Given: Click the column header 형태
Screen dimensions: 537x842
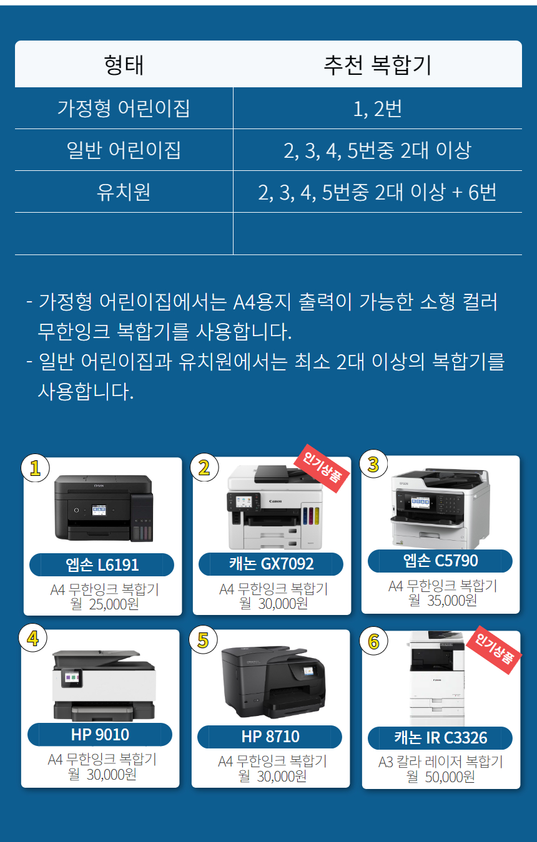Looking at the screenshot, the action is (124, 65).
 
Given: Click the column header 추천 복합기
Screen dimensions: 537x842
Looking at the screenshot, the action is (377, 65).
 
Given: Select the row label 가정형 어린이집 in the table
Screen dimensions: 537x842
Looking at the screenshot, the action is (124, 109).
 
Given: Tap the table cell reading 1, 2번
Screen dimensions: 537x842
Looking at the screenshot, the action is (377, 109).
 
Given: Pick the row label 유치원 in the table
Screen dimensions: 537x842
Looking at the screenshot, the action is (124, 191).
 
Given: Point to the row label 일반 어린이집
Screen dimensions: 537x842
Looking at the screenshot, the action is (124, 150).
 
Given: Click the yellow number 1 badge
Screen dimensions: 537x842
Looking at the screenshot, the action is (35, 468).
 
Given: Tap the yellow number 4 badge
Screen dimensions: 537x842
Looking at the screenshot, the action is (33, 638).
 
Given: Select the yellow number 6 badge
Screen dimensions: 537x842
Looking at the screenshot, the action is (373, 641).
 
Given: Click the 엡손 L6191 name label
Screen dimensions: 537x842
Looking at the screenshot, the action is (102, 564).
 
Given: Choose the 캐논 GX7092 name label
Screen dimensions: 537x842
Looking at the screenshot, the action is (271, 564).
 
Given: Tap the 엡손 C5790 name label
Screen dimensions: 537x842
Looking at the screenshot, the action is (440, 561).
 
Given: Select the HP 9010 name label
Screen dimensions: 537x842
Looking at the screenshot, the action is (100, 735).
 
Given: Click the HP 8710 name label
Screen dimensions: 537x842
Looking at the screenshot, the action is (270, 737).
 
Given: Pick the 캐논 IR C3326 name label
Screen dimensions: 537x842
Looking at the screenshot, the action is (440, 738).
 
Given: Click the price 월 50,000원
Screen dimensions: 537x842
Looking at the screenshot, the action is (441, 777).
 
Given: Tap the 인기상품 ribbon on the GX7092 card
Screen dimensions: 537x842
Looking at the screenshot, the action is (322, 468).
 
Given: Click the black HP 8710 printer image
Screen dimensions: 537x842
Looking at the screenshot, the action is (273, 681).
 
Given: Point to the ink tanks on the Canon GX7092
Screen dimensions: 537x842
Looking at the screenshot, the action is (311, 516).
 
